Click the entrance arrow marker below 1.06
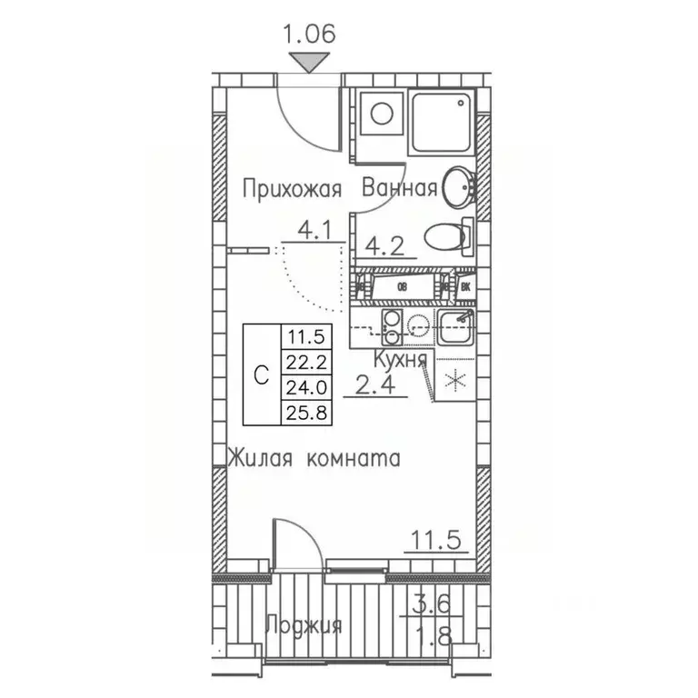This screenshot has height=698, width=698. click(310, 62)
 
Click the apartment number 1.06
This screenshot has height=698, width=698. click(310, 35)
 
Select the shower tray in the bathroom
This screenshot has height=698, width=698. click(441, 122)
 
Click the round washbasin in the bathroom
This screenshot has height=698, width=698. click(459, 186)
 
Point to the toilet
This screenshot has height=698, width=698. click(446, 238)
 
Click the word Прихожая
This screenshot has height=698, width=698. click(291, 189)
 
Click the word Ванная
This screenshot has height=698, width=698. click(399, 189)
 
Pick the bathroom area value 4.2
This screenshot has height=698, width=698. click(384, 244)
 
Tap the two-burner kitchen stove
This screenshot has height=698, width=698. click(393, 329)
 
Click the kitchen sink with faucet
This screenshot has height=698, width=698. click(454, 326)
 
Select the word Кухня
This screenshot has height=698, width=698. click(400, 359)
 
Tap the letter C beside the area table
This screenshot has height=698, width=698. click(261, 374)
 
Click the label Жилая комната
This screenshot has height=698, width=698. click(314, 458)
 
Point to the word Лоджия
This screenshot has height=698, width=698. click(303, 625)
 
